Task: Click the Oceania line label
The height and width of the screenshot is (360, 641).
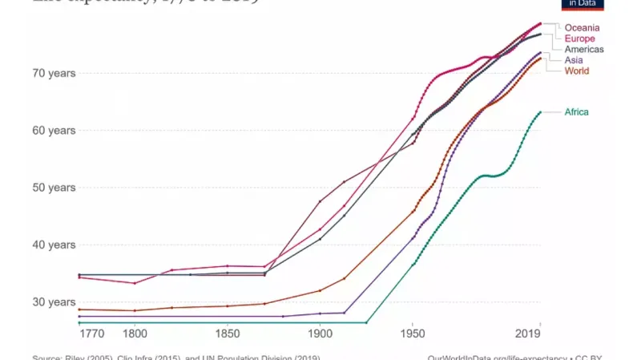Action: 582,28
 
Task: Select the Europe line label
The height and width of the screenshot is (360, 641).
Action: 579,38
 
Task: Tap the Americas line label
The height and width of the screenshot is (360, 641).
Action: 584,50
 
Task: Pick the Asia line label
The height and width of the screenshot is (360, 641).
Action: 574,60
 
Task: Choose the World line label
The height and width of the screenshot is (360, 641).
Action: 577,71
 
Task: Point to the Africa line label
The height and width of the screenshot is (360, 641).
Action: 576,112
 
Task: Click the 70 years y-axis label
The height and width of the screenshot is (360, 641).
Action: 54,73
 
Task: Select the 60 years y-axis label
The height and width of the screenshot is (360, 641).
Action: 54,131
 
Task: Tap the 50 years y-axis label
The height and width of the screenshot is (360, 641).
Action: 54,188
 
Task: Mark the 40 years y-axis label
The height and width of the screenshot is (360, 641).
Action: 54,245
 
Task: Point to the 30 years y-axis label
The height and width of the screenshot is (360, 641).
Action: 54,302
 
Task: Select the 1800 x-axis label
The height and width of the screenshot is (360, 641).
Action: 135,333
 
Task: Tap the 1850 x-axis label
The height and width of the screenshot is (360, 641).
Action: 228,333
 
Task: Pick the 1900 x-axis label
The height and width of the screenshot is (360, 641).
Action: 320,333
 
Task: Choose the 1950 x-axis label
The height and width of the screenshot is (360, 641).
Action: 413,333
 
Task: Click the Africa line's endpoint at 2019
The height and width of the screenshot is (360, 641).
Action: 540,112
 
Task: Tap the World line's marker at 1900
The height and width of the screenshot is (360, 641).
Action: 320,290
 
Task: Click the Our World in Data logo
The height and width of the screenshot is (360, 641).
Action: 583,4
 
